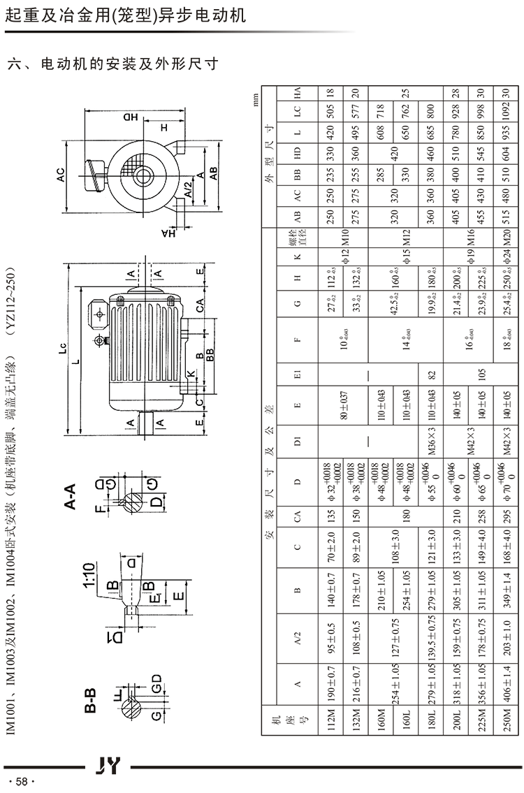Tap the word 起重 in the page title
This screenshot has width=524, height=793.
(x=18, y=15)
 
